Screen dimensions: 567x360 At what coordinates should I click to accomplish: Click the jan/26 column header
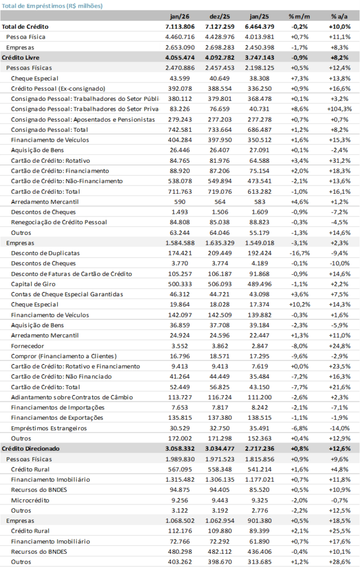coord(174,16)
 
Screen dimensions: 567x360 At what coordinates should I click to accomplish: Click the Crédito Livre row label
coord(20,57)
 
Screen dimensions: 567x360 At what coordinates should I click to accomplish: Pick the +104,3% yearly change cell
coord(340,109)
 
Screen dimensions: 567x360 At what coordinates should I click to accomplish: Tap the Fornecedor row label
coord(28,346)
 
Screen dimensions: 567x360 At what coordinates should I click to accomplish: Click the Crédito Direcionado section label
coord(31,449)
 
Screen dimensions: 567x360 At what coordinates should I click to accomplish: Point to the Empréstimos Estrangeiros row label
coord(48,428)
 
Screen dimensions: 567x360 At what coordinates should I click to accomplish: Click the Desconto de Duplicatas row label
coord(45,253)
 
